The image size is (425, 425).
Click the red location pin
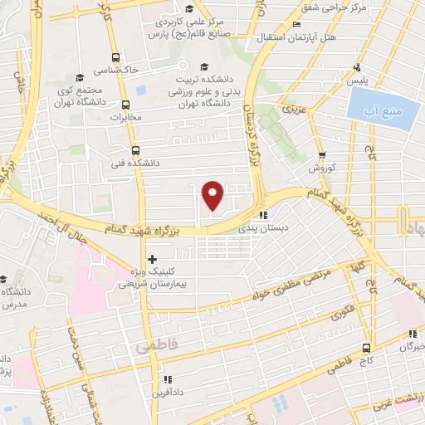point(213,194)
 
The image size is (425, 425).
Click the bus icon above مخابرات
point(125,105)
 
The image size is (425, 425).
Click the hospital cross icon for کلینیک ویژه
point(151,259)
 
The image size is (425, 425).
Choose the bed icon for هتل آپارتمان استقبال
point(296,26)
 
